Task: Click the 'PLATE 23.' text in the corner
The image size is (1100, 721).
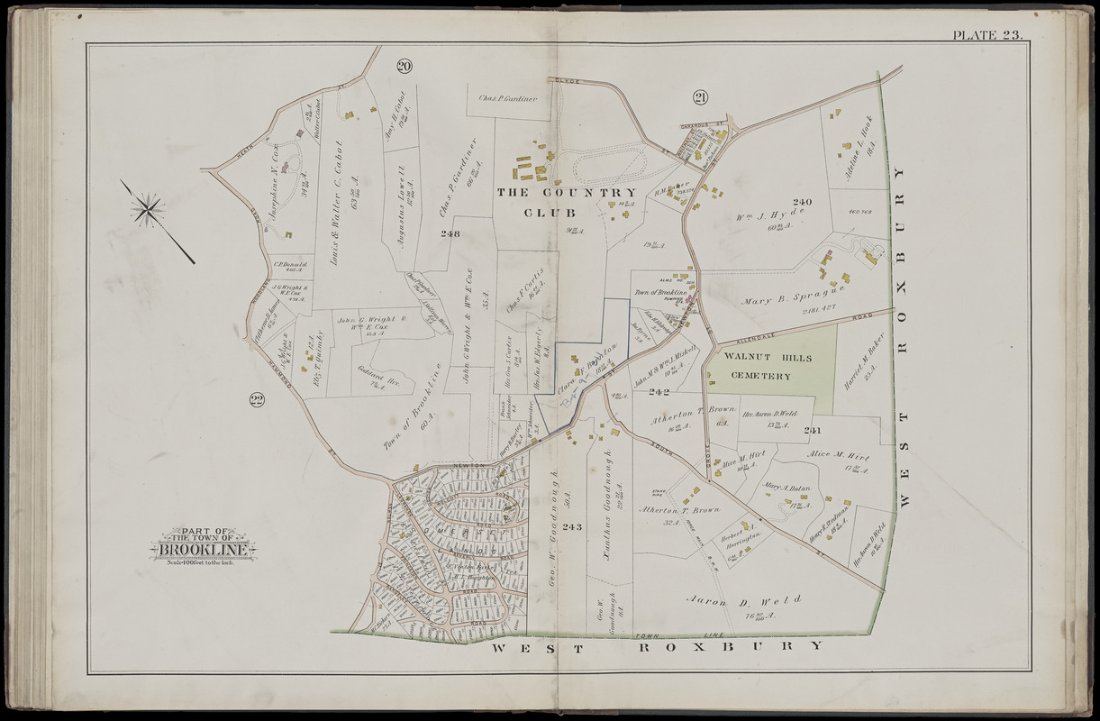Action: (986, 35)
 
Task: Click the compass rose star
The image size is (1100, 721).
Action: (147, 210)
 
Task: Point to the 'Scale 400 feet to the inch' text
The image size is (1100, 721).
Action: (203, 563)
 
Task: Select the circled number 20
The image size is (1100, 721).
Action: (404, 65)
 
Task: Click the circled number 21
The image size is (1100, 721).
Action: (702, 98)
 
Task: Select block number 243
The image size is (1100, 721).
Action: (572, 526)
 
